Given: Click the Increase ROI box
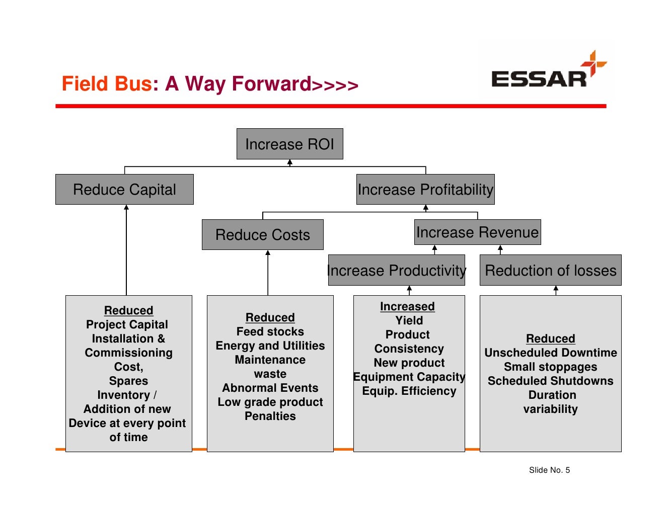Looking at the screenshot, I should [289, 144].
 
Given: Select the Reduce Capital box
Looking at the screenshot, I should [124, 190].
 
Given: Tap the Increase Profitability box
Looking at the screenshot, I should [425, 190].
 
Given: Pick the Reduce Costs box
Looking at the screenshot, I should [262, 235].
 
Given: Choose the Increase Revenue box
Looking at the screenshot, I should [477, 232].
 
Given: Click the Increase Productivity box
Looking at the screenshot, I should [396, 271].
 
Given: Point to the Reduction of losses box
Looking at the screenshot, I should [550, 271].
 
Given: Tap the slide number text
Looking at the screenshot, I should [549, 470].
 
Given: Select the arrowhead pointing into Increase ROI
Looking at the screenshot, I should [290, 162].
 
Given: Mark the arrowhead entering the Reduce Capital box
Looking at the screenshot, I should [126, 207].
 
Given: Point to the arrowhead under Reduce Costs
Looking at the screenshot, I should [268, 253].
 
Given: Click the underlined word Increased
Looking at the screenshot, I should [407, 307].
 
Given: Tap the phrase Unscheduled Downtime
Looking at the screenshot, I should [550, 353].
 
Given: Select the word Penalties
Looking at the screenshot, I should [270, 416].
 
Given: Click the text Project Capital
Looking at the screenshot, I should [127, 325].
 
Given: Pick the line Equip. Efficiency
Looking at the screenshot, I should [409, 391].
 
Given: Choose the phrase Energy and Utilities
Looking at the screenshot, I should [270, 346].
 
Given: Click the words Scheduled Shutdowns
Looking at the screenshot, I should [550, 381].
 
